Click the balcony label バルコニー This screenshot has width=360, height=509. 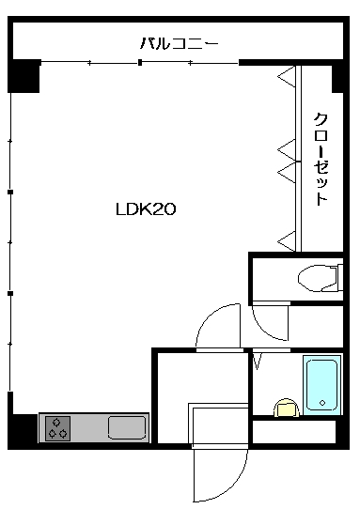point(179,43)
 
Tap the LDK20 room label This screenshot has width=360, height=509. point(146,209)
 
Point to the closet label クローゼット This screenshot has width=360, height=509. point(321,159)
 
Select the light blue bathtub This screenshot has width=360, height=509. point(322,385)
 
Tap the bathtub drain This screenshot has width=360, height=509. point(322,403)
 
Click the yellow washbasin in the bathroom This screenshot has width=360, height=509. point(287,408)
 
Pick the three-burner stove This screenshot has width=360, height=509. point(58,428)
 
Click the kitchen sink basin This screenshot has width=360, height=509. point(127,428)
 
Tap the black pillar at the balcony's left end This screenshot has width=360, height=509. point(23,76)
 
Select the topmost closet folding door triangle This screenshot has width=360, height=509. point(287,77)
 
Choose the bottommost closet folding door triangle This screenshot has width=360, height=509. point(287,241)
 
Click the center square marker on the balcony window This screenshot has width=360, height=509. point(140,62)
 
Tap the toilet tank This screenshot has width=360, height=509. point(340,277)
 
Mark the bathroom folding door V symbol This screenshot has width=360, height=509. point(258,362)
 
